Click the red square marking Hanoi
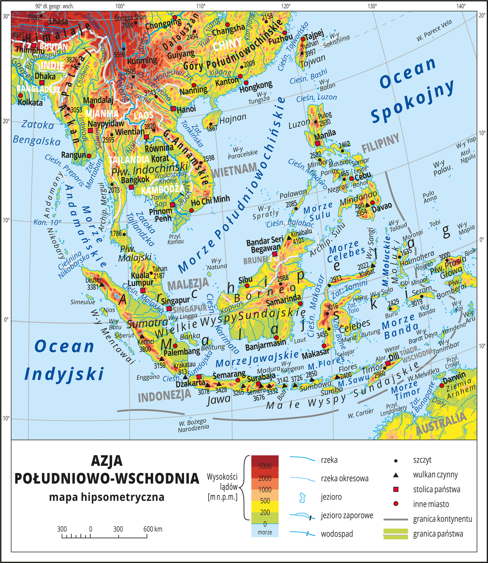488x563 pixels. point(173,108)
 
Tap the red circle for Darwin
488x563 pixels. point(442,385)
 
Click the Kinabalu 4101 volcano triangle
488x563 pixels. point(289,238)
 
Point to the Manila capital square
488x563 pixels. point(317,143)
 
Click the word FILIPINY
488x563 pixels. point(381,143)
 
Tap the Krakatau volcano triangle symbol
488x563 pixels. point(185,377)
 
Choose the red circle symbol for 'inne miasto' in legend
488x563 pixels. point(396,504)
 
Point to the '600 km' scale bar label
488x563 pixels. point(153,529)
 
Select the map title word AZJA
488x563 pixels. point(107,461)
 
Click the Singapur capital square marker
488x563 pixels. point(169,309)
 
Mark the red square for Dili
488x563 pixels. point(388,363)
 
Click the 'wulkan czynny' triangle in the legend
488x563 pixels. point(396,475)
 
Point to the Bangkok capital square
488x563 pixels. point(131,187)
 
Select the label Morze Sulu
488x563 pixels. point(318,211)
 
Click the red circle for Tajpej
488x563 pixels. point(303,39)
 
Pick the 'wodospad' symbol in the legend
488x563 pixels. point(303,534)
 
